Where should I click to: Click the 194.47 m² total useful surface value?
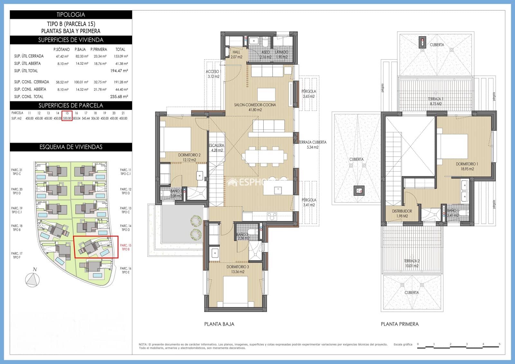[x=119, y=71]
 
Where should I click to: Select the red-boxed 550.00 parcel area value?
[x=67, y=118]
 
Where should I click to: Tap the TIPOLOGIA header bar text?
[x=71, y=14]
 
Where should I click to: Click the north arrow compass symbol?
[x=32, y=280]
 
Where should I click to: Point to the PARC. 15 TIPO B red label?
[x=126, y=247]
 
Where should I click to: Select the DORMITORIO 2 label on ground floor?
[x=189, y=157]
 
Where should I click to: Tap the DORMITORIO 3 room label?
[x=238, y=269]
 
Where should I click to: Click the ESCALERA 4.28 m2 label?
[x=217, y=148]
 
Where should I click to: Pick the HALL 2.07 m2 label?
[x=236, y=54]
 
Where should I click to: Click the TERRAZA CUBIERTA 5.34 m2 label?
[x=312, y=145]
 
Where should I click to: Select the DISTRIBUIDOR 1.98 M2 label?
[x=402, y=213]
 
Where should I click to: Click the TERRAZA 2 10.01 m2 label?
[x=412, y=263]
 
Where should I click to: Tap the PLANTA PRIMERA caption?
[x=399, y=324]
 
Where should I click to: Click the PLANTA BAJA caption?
[x=219, y=324]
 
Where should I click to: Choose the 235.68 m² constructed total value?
[x=119, y=97]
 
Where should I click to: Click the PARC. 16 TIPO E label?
[x=126, y=270]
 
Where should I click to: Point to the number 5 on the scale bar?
[x=500, y=344]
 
